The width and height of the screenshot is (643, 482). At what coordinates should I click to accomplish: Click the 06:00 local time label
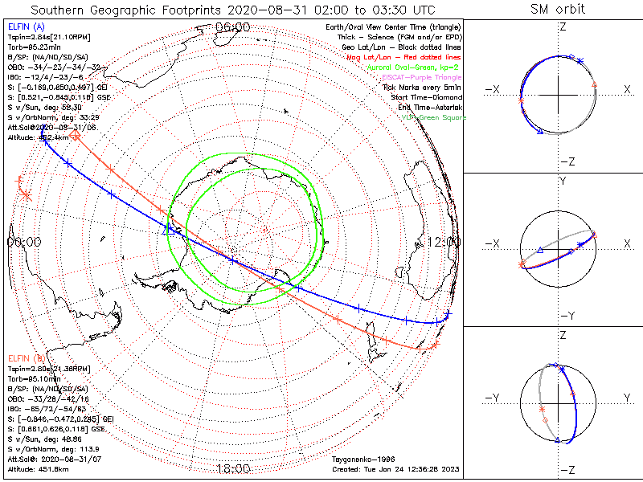[x=234, y=27]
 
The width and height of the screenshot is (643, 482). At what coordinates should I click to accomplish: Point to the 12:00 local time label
[x=444, y=242]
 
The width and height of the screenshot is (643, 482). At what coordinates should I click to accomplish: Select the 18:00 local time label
[x=234, y=469]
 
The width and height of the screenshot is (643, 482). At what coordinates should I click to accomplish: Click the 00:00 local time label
[x=24, y=241]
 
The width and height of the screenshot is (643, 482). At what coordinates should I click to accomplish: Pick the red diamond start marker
[x=75, y=136]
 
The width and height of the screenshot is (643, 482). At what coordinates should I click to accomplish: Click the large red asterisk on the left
[x=26, y=194]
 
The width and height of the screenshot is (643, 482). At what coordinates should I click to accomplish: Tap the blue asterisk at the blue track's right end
[x=448, y=314]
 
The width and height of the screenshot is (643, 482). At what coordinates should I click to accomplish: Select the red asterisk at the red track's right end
[x=435, y=345]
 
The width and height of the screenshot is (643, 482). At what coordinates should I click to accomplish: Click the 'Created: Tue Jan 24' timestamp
[x=395, y=469]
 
